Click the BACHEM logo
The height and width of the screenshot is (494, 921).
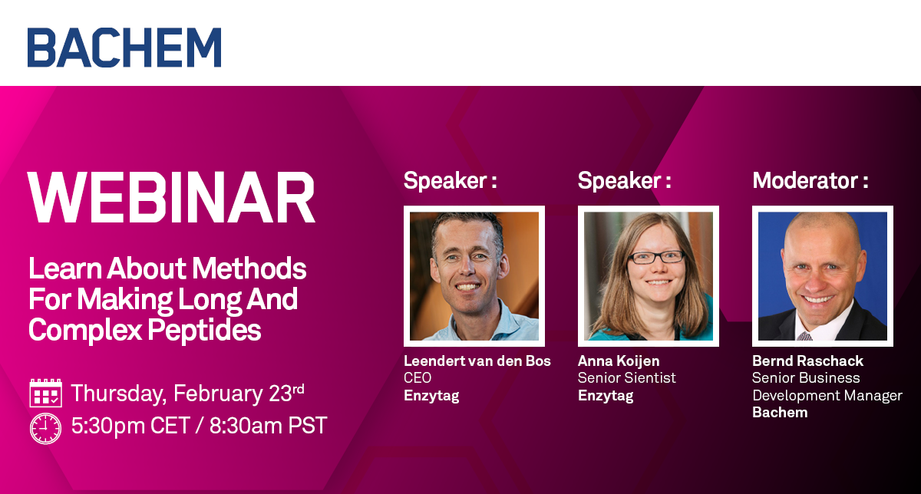124,48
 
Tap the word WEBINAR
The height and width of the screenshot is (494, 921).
171,198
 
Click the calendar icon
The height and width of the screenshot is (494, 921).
45,393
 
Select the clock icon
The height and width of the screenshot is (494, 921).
45,428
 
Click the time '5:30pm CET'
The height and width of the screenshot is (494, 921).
130,426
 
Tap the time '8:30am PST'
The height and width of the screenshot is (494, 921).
268,426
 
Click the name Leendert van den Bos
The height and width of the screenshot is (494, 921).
477,361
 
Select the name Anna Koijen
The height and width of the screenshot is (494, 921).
619,361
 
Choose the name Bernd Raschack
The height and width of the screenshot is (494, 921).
807,361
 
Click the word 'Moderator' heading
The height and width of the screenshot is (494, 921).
805,180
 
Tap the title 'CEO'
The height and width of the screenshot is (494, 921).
418,377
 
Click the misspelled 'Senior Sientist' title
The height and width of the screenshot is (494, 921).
626,377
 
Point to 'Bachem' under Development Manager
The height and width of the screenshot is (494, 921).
780,412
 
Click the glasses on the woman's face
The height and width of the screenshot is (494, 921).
655,258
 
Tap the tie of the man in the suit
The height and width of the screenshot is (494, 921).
804,336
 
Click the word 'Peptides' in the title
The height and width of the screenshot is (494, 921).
204,330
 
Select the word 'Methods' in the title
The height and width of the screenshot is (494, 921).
249,268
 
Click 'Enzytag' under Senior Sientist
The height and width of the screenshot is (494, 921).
606,396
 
